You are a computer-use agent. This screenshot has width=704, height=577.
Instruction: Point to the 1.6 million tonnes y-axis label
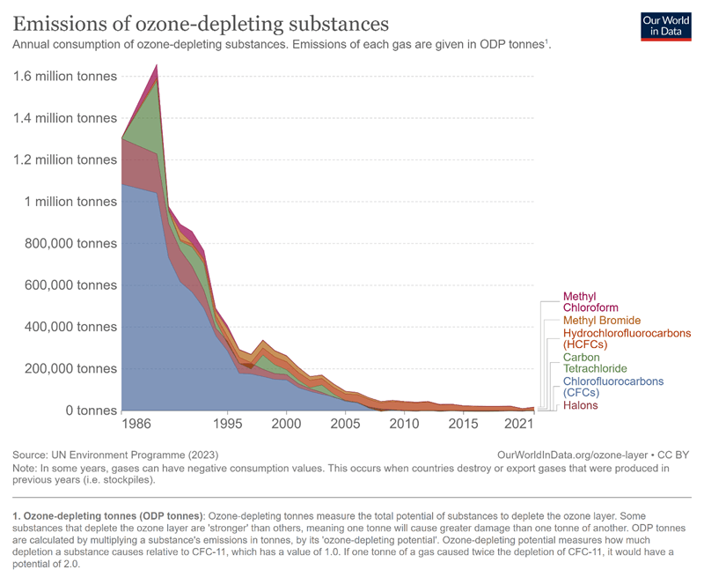click(x=65, y=77)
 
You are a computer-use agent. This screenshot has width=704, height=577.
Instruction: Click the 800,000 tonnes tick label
click(x=66, y=244)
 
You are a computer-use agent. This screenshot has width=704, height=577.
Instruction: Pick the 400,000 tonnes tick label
click(x=66, y=327)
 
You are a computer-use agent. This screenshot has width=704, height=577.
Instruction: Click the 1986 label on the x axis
click(x=136, y=425)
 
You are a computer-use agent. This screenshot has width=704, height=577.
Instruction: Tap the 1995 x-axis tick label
click(x=228, y=425)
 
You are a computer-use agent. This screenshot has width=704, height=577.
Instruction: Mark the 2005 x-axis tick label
click(x=345, y=425)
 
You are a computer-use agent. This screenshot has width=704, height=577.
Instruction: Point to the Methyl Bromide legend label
click(x=602, y=320)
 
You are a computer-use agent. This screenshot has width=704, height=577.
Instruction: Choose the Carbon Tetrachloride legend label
click(x=594, y=363)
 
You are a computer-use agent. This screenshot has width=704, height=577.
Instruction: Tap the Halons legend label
click(x=580, y=405)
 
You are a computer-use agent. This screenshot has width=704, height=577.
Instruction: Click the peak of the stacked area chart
click(x=157, y=65)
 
